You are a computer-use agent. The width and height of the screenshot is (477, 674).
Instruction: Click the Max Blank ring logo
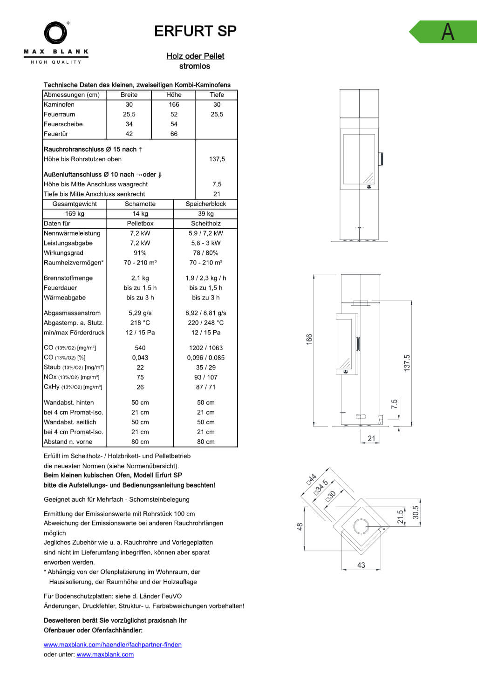[56, 33]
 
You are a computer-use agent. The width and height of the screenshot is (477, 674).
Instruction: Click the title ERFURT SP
[195, 31]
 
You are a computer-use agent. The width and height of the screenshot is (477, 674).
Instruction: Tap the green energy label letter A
[447, 32]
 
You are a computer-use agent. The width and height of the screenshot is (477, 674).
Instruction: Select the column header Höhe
[174, 95]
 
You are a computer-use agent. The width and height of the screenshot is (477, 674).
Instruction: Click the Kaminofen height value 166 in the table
[174, 104]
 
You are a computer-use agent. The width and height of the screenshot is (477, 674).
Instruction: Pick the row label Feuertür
[56, 134]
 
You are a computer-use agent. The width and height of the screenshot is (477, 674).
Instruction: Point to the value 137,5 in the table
[217, 159]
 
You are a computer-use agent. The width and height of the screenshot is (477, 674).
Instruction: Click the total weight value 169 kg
[75, 213]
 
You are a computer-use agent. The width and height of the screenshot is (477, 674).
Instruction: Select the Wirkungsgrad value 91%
[140, 252]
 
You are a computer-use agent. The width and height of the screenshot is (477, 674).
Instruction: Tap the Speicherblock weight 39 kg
[205, 213]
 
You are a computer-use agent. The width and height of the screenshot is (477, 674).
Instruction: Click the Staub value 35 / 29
[205, 367]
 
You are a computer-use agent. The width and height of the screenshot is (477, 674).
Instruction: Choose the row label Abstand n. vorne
[68, 442]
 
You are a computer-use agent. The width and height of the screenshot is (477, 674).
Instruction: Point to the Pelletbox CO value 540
[140, 347]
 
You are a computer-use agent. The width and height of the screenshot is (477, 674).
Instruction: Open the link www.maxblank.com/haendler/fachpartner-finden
[112, 645]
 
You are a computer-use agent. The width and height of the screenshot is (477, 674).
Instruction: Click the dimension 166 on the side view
[309, 339]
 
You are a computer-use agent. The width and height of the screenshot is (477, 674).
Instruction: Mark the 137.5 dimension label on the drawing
[407, 363]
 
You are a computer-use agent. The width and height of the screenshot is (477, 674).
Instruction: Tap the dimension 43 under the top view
[361, 565]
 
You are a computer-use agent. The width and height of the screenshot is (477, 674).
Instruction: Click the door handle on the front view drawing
[382, 159]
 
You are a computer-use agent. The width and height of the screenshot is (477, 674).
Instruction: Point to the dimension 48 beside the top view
[300, 526]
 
